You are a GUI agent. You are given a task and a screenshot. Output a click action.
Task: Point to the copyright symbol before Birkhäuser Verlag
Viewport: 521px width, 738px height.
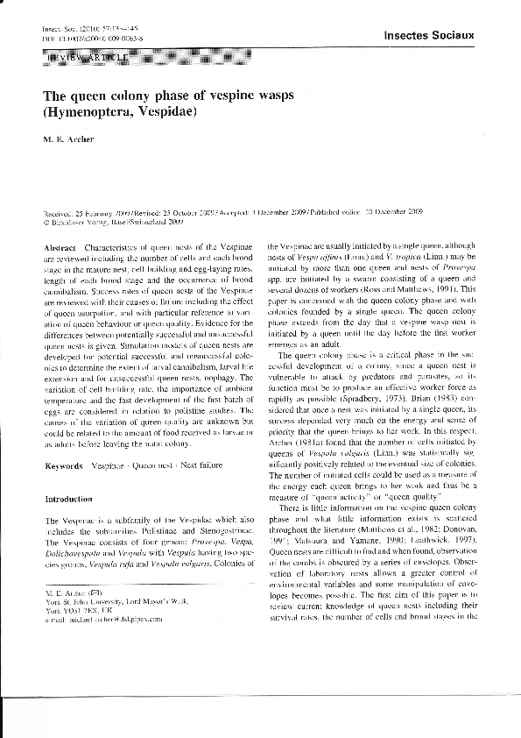(x=46, y=222)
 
